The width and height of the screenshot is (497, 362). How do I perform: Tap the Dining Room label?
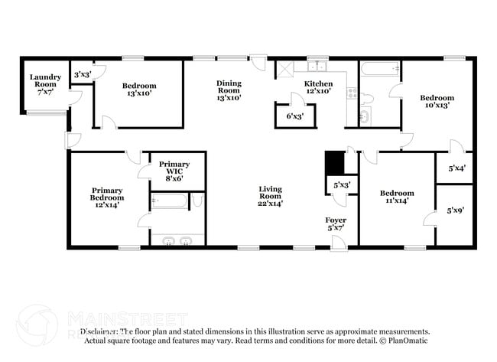[229, 90]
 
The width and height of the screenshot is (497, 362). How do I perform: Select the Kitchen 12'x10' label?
[319, 87]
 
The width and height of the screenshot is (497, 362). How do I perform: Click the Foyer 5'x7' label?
[336, 223]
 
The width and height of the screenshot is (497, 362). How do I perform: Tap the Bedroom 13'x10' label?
[139, 90]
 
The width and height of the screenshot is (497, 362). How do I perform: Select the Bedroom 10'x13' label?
[437, 102]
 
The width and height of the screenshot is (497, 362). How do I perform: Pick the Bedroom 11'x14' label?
[398, 197]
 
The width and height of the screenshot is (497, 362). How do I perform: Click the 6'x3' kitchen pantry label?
[295, 116]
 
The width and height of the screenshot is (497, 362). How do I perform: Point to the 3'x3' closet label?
[82, 74]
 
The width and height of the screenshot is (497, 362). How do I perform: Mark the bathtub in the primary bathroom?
[169, 202]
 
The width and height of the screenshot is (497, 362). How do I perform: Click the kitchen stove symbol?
[352, 94]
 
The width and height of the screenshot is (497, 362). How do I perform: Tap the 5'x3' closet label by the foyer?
[342, 185]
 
